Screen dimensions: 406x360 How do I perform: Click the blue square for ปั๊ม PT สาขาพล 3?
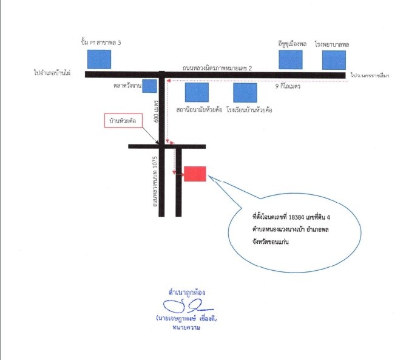99,59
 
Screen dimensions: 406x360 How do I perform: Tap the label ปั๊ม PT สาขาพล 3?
101,42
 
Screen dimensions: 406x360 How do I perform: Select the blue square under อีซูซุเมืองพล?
291,60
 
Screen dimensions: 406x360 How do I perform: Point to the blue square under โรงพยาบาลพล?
334,60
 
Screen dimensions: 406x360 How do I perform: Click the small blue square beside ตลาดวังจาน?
150,86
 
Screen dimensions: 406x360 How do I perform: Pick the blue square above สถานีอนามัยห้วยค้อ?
197,92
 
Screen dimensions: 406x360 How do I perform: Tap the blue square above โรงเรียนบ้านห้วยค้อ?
245,93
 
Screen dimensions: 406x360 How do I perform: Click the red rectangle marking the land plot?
195,174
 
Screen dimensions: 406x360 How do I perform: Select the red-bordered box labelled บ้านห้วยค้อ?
123,121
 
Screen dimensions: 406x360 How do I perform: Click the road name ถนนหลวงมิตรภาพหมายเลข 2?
217,68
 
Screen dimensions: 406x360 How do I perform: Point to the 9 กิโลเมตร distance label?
288,86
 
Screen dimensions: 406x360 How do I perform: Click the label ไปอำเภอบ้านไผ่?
52,73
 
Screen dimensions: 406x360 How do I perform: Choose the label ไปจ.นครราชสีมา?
370,75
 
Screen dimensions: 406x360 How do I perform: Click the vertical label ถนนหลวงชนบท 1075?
155,182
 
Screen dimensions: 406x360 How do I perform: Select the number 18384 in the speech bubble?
296,217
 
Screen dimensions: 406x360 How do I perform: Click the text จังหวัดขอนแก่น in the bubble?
271,242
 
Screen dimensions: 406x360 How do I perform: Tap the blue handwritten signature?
188,306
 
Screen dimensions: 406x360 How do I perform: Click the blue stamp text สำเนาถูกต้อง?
187,293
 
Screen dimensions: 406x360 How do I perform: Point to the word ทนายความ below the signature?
186,328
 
